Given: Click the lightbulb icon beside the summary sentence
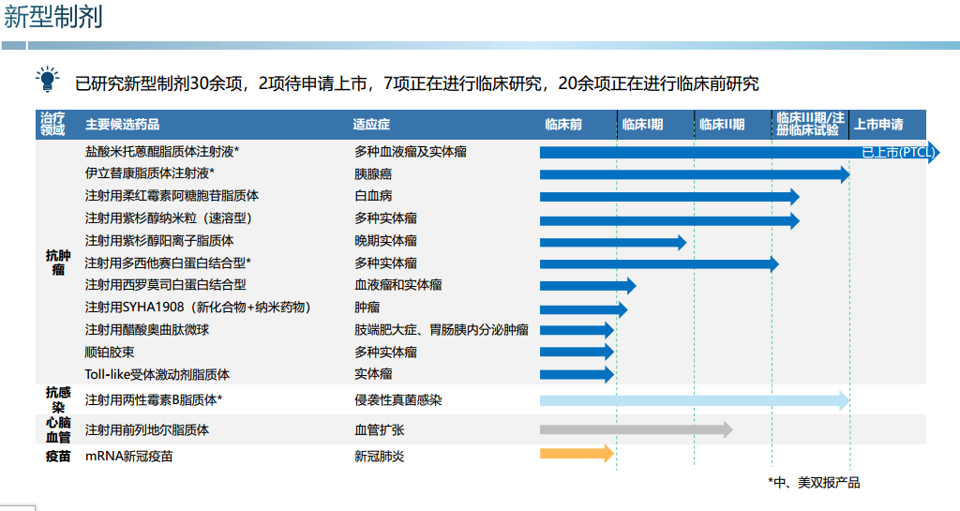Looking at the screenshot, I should pyautogui.click(x=46, y=80).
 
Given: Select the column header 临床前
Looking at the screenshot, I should pyautogui.click(x=563, y=125).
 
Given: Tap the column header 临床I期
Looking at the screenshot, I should pyautogui.click(x=642, y=125).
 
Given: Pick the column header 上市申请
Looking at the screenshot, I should pyautogui.click(x=878, y=125).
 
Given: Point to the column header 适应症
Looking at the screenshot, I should pyautogui.click(x=371, y=125).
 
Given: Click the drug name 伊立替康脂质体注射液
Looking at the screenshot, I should pyautogui.click(x=150, y=173).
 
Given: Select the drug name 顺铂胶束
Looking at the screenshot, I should pyautogui.click(x=110, y=353).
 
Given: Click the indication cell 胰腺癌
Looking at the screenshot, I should pyautogui.click(x=373, y=173).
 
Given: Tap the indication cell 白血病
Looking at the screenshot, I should pyautogui.click(x=373, y=196).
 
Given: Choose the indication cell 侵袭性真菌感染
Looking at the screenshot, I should pyautogui.click(x=397, y=400).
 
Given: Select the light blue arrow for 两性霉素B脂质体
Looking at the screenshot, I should pyautogui.click(x=694, y=400).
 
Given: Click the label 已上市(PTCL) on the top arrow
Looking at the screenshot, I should pyautogui.click(x=897, y=153).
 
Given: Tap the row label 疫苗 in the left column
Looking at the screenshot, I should pyautogui.click(x=58, y=457).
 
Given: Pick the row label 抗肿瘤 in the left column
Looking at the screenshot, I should pyautogui.click(x=58, y=263).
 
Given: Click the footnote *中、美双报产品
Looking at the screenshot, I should pyautogui.click(x=814, y=483).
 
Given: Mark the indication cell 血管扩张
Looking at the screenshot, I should pyautogui.click(x=379, y=430).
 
